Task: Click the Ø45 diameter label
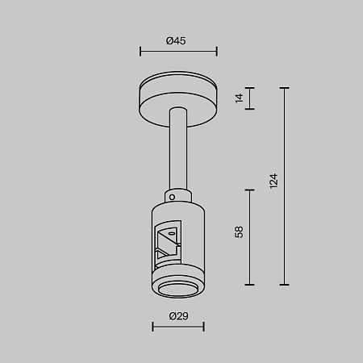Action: click(x=178, y=41)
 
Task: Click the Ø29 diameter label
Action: click(x=178, y=315)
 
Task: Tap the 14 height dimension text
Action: click(x=239, y=98)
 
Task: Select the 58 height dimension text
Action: click(x=239, y=232)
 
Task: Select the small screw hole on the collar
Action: click(x=171, y=196)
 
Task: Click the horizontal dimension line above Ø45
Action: click(x=178, y=52)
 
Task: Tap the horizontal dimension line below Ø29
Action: click(x=178, y=327)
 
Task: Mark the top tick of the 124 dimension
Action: click(x=284, y=87)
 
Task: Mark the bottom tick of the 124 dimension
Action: click(x=284, y=284)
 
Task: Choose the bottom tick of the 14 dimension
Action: click(x=250, y=109)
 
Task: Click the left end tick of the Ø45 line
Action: click(x=140, y=52)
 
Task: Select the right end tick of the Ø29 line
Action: click(x=203, y=327)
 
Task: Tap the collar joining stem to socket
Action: click(x=178, y=197)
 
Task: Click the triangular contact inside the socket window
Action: click(x=167, y=238)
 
